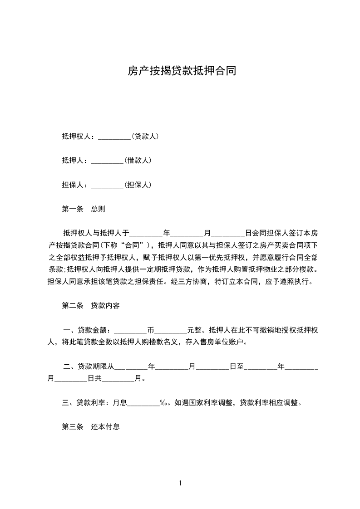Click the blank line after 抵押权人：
[x=114, y=137]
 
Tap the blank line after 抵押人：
[x=107, y=161]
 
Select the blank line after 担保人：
[x=107, y=185]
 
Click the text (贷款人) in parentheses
[x=145, y=136]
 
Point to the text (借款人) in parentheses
[x=138, y=160]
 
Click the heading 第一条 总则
[x=84, y=209]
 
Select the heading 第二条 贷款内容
[x=91, y=306]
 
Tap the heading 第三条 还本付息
[x=91, y=426]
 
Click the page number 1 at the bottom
[x=180, y=483]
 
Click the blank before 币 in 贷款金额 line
[x=131, y=330]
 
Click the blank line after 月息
[x=143, y=402]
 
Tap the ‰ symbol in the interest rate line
[x=164, y=402]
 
